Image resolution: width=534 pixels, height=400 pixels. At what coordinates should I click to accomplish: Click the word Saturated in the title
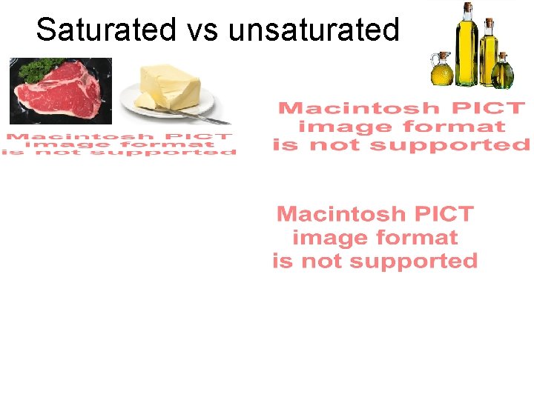tap(106, 30)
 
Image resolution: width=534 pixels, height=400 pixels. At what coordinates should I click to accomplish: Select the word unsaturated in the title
tap(314, 30)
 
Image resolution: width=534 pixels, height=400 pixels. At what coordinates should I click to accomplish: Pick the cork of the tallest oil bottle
tap(467, 7)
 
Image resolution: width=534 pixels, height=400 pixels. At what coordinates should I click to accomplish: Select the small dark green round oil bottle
tap(503, 72)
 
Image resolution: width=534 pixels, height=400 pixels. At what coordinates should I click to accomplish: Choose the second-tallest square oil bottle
tap(489, 56)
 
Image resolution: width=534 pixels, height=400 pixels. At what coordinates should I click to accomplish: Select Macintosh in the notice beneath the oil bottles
tap(352, 109)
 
